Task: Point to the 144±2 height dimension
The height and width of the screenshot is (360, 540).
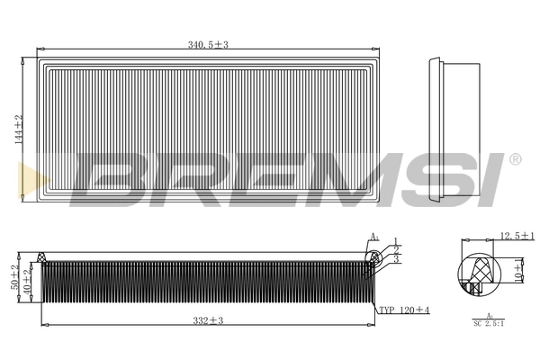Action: point(16,130)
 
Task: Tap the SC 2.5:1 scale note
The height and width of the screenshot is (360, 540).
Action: point(489,323)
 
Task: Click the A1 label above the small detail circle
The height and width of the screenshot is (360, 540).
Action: point(374,237)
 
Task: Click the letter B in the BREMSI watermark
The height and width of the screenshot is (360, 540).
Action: point(112,180)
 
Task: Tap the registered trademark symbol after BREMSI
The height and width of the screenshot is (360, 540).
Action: point(515,159)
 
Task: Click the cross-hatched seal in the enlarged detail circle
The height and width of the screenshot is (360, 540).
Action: point(476,271)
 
